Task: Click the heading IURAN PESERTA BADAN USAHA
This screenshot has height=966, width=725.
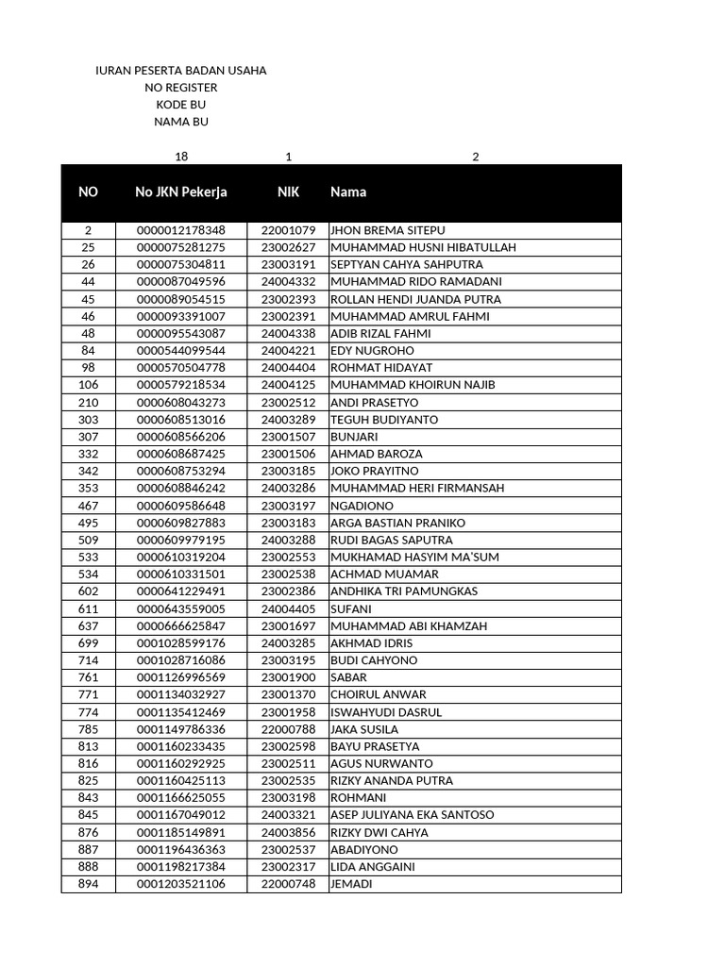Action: tap(181, 71)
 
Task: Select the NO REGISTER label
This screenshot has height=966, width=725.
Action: tap(181, 88)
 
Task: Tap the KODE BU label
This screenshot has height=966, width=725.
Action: tap(181, 105)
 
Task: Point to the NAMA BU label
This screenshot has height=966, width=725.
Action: tap(181, 122)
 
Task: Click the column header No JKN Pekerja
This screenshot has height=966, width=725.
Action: tap(181, 192)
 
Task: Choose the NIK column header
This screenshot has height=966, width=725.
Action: tap(288, 192)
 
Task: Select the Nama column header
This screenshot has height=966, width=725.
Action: tap(348, 192)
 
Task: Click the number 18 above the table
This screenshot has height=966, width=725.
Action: tap(181, 157)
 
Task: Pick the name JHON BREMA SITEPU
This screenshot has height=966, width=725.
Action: tap(388, 230)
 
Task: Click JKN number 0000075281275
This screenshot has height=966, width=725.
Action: tap(181, 248)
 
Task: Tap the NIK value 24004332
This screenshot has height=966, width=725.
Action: tap(288, 282)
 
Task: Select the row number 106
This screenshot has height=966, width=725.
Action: tap(88, 385)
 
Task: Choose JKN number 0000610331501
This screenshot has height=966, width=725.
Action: tap(181, 575)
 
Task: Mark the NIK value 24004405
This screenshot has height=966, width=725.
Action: tap(288, 608)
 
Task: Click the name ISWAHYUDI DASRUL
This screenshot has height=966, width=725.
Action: tap(386, 712)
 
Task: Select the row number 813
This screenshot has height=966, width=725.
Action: tap(88, 746)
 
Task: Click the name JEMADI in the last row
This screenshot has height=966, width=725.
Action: tap(351, 884)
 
